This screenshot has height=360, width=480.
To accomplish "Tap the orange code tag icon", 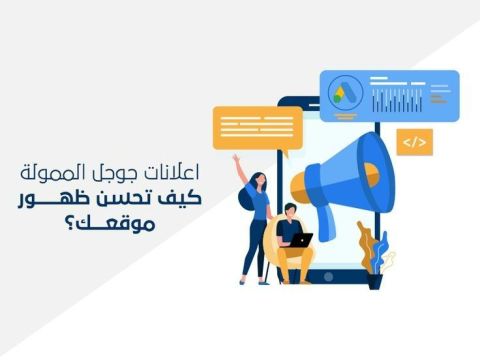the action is point(415,142).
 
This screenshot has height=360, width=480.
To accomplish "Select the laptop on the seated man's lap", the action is point(300,240).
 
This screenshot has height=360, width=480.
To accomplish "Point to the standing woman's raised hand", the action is point(236,159).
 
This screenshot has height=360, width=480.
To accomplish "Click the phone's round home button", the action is point(328,276).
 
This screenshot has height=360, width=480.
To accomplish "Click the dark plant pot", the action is point(375,281).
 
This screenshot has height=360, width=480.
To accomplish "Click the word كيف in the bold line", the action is point(185,198).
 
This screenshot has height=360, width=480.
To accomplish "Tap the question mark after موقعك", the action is point(69,223).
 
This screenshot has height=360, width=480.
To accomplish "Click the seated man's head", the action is point(290,210).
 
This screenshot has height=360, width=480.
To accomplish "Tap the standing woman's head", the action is point(260,180).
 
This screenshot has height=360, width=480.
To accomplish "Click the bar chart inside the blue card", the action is point(397,101).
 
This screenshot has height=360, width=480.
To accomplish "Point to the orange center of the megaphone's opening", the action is point(371,174).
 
